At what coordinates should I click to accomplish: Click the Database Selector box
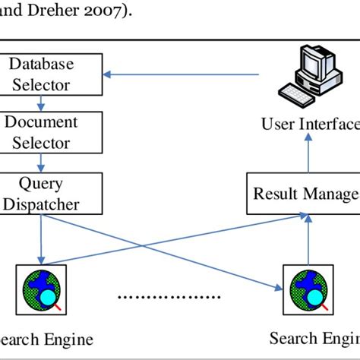point(52,74)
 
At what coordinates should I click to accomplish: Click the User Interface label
point(310,124)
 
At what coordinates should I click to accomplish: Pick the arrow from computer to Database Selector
point(182,74)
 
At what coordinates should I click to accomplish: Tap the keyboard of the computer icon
point(298,96)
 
